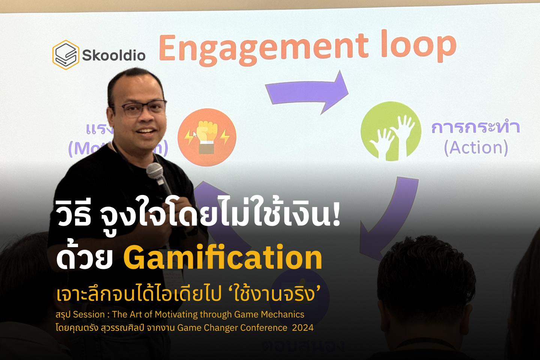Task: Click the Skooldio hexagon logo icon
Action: coord(66,55)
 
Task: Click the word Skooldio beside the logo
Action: coord(114,55)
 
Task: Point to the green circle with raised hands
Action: coord(391,131)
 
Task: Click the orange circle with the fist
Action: coord(207,137)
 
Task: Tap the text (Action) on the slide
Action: coord(476,147)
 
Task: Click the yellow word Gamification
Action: coord(223,258)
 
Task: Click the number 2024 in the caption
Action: coord(303,328)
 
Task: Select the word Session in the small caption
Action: coord(89,314)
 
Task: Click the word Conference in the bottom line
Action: coord(264,328)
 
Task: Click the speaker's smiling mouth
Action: coord(146,131)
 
